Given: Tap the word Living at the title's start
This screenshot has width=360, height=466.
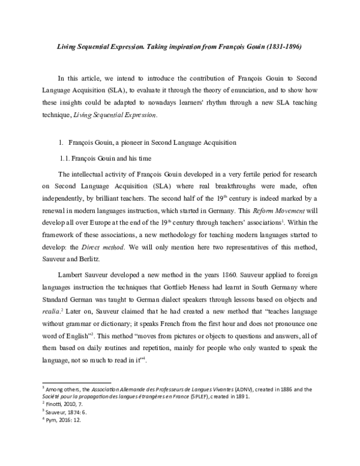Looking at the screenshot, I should click(x=52, y=46).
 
